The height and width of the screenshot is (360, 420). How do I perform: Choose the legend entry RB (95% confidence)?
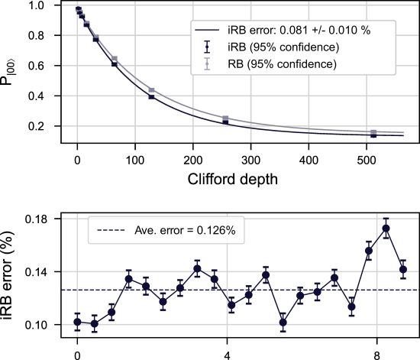tap(283, 63)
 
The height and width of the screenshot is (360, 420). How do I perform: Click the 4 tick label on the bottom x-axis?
tap(228, 355)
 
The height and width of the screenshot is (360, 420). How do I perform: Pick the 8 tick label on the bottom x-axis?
tap(378, 355)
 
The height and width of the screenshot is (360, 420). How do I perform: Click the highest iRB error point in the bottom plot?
tap(386, 228)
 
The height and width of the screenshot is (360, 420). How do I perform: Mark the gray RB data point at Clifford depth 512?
tap(373, 132)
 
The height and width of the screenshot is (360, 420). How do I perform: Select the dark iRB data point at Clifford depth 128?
tap(151, 97)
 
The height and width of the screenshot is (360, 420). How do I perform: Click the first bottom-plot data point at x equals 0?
tap(77, 322)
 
